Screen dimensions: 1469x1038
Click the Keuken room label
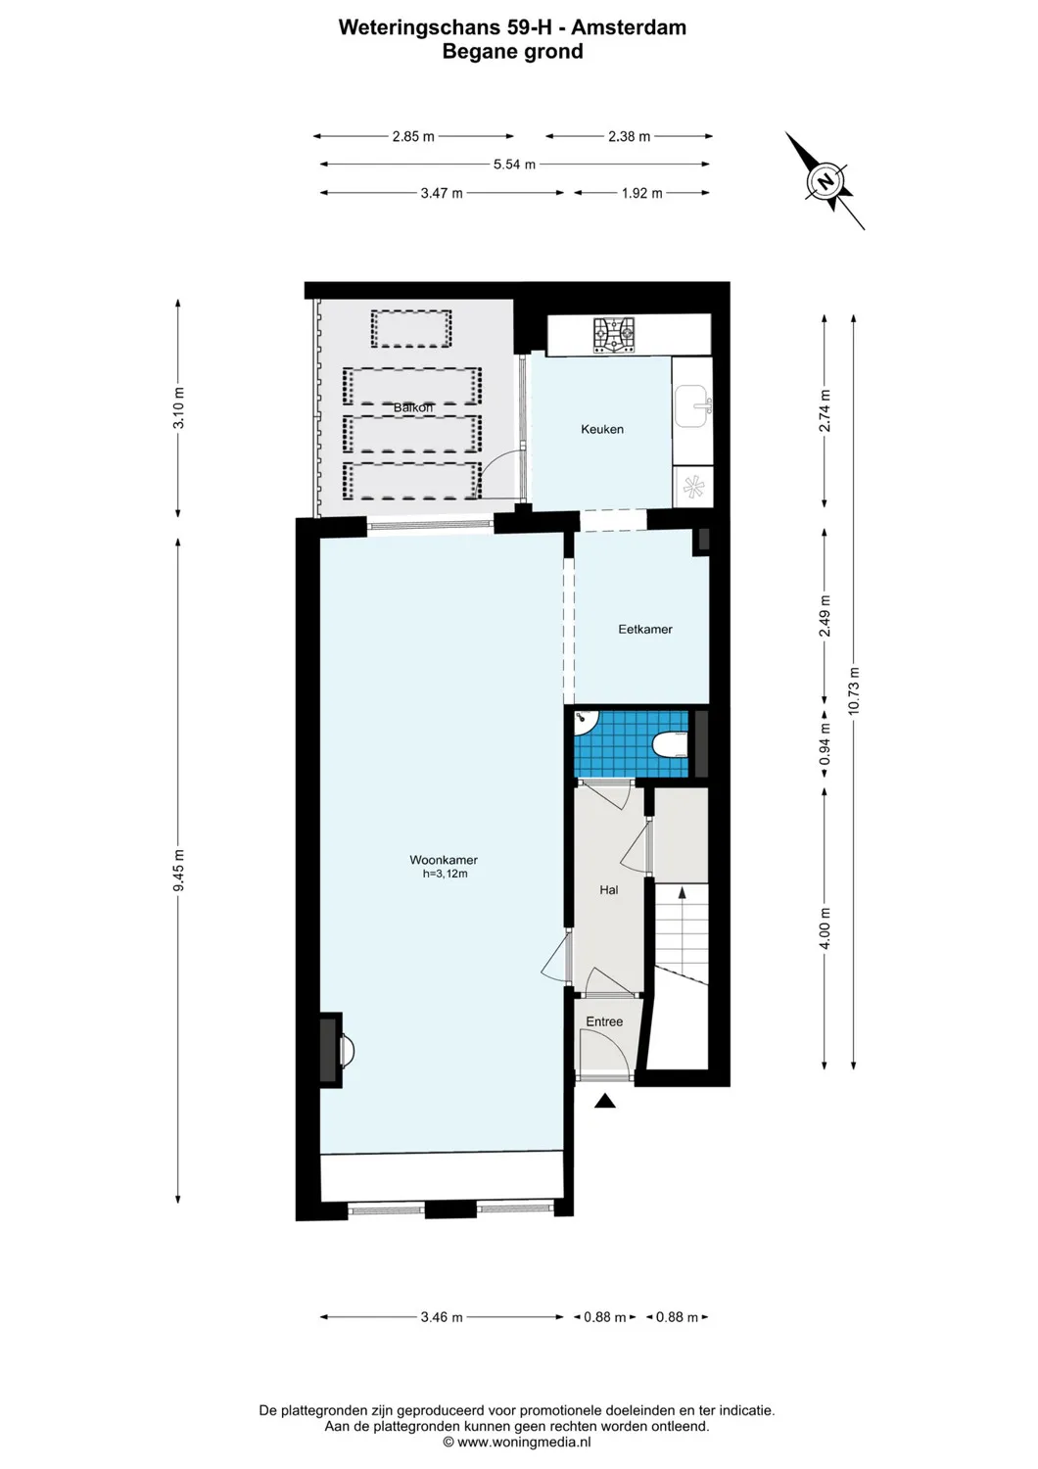[601, 429]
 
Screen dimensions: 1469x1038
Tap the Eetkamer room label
[644, 630]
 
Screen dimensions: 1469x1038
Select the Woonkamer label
[444, 860]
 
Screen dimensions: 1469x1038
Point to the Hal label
[608, 890]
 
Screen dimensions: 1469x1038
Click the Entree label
[604, 1021]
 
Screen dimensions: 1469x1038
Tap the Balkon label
[412, 407]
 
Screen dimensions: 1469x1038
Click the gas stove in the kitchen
[614, 335]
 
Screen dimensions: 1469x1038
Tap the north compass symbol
[826, 182]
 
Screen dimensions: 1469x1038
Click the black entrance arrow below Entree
[605, 1101]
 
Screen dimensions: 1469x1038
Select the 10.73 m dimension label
[854, 691]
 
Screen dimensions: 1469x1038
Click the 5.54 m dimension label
[514, 165]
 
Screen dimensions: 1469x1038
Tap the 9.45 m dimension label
[178, 871]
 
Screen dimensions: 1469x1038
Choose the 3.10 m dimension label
[178, 408]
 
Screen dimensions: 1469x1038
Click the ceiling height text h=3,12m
[445, 874]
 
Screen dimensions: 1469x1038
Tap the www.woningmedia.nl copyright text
[517, 1442]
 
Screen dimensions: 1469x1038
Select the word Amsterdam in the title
[629, 27]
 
